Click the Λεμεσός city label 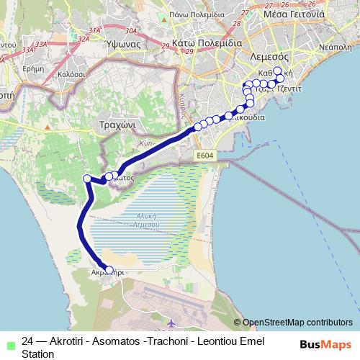269,56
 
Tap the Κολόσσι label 71,73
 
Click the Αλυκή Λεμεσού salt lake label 148,219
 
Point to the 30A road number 130,32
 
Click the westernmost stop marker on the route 87,179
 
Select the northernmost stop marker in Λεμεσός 277,71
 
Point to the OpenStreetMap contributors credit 297,323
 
